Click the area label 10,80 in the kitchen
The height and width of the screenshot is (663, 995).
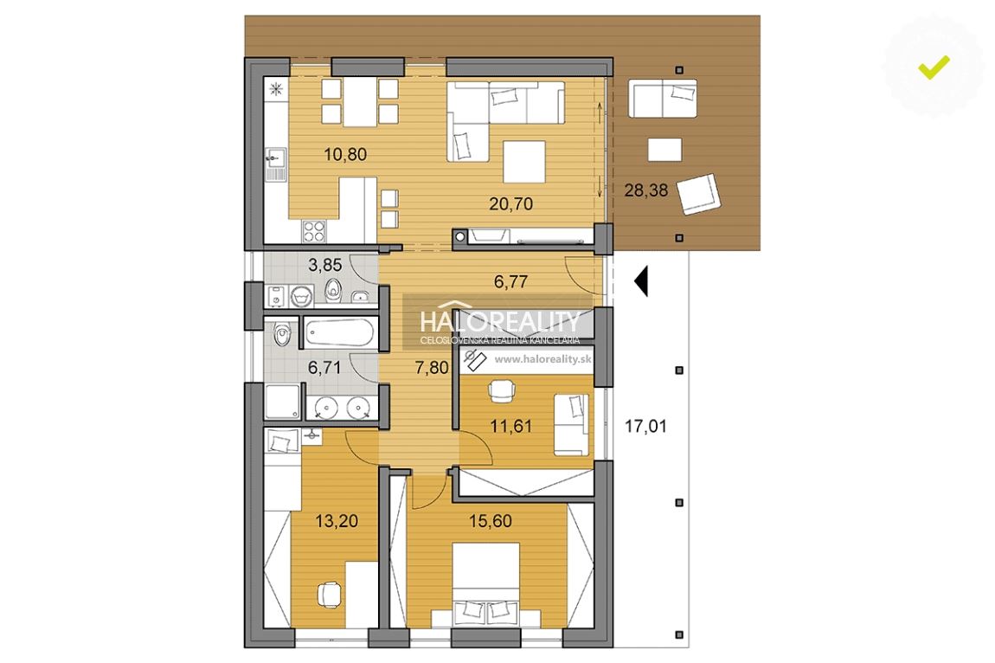coord(345,154)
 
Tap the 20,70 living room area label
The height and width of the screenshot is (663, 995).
coord(510,204)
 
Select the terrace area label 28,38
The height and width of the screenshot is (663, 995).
coord(646,190)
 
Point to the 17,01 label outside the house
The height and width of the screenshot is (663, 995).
coord(646,426)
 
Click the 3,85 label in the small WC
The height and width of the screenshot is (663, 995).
coord(325,265)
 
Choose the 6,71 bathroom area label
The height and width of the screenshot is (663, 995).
coord(324,368)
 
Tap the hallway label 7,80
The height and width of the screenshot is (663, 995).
coord(432,368)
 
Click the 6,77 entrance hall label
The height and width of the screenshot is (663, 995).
coord(510,281)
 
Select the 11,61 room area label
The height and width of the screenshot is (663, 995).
coord(510,426)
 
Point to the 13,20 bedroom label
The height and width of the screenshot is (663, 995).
coord(337,521)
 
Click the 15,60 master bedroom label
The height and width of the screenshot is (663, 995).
coord(491,521)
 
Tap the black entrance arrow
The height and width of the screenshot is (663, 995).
coord(641,281)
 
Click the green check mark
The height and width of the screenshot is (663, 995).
coord(934,67)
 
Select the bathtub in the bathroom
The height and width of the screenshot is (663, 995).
coord(339,332)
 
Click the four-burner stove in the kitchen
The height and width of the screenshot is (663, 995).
coord(314,231)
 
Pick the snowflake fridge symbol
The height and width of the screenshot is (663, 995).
coord(277,89)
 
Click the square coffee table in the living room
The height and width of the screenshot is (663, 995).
coord(524,162)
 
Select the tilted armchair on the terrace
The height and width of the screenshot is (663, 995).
coord(698,195)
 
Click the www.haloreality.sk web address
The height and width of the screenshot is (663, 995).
coord(543,359)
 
